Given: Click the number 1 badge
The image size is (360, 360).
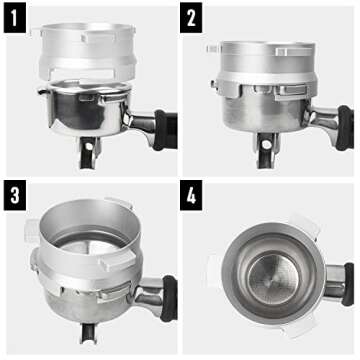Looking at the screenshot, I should coord(17,17).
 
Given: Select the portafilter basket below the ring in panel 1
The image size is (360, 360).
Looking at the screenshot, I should coord(90,110).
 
